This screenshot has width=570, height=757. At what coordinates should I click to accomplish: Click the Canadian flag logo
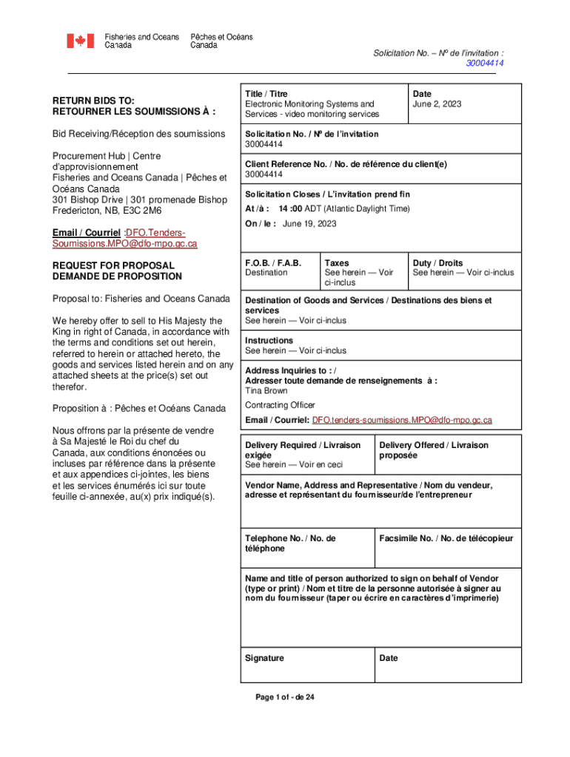pyautogui.click(x=81, y=41)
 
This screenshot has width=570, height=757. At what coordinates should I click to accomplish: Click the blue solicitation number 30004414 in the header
pyautogui.click(x=485, y=64)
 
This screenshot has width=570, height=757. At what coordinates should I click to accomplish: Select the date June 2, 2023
pyautogui.click(x=437, y=104)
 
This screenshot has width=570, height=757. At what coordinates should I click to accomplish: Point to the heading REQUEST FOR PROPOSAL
pyautogui.click(x=113, y=265)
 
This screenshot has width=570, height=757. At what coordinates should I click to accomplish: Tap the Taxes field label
pyautogui.click(x=337, y=263)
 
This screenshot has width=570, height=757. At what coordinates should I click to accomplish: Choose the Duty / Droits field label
pyautogui.click(x=437, y=263)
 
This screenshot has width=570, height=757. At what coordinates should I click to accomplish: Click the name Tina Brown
pyautogui.click(x=266, y=390)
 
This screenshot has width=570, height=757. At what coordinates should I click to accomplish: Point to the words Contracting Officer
pyautogui.click(x=280, y=405)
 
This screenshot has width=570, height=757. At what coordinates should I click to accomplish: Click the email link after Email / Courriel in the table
pyautogui.click(x=402, y=420)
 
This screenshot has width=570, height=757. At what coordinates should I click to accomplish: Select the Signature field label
pyautogui.click(x=264, y=658)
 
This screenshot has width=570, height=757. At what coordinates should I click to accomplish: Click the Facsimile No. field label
pyautogui.click(x=446, y=539)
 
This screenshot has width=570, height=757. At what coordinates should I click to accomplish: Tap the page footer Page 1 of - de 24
pyautogui.click(x=284, y=697)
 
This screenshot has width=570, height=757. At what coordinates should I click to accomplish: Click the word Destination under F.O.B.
pyautogui.click(x=266, y=273)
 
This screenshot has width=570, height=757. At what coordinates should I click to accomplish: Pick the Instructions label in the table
pyautogui.click(x=269, y=341)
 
